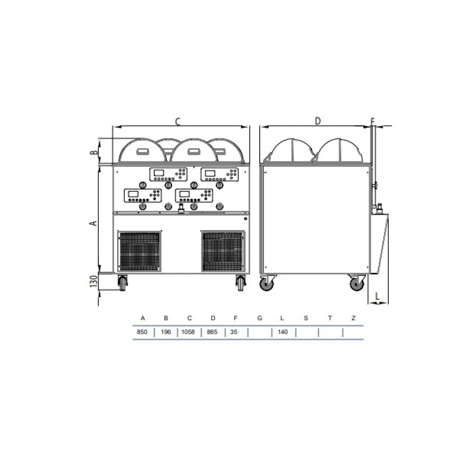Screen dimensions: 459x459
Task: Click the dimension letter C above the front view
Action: pyautogui.click(x=178, y=122)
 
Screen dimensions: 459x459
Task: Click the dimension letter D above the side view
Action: pyautogui.click(x=317, y=121)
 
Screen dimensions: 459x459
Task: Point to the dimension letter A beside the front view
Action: pyautogui.click(x=93, y=223)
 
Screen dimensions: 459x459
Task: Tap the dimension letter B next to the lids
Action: pyautogui.click(x=94, y=152)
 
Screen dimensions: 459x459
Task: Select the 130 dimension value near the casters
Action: pyautogui.click(x=93, y=281)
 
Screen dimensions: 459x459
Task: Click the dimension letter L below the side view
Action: pyautogui.click(x=377, y=297)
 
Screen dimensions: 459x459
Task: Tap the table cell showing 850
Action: pyautogui.click(x=142, y=332)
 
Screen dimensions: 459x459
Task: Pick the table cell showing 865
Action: pyautogui.click(x=213, y=332)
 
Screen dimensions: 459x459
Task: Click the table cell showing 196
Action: pyautogui.click(x=166, y=332)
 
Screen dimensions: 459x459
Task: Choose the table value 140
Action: pyautogui.click(x=283, y=332)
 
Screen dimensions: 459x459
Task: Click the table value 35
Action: pyautogui.click(x=234, y=332)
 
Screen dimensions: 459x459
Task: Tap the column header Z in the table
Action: pyautogui.click(x=353, y=318)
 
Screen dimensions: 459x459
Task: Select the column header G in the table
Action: pyautogui.click(x=259, y=318)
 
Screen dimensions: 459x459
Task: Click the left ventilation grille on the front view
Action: pyautogui.click(x=139, y=251)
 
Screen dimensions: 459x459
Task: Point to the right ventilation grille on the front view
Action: pyautogui.click(x=223, y=251)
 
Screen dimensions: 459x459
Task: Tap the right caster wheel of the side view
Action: pyautogui.click(x=356, y=284)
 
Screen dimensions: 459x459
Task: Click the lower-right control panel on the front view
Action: pyautogui.click(x=195, y=195)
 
